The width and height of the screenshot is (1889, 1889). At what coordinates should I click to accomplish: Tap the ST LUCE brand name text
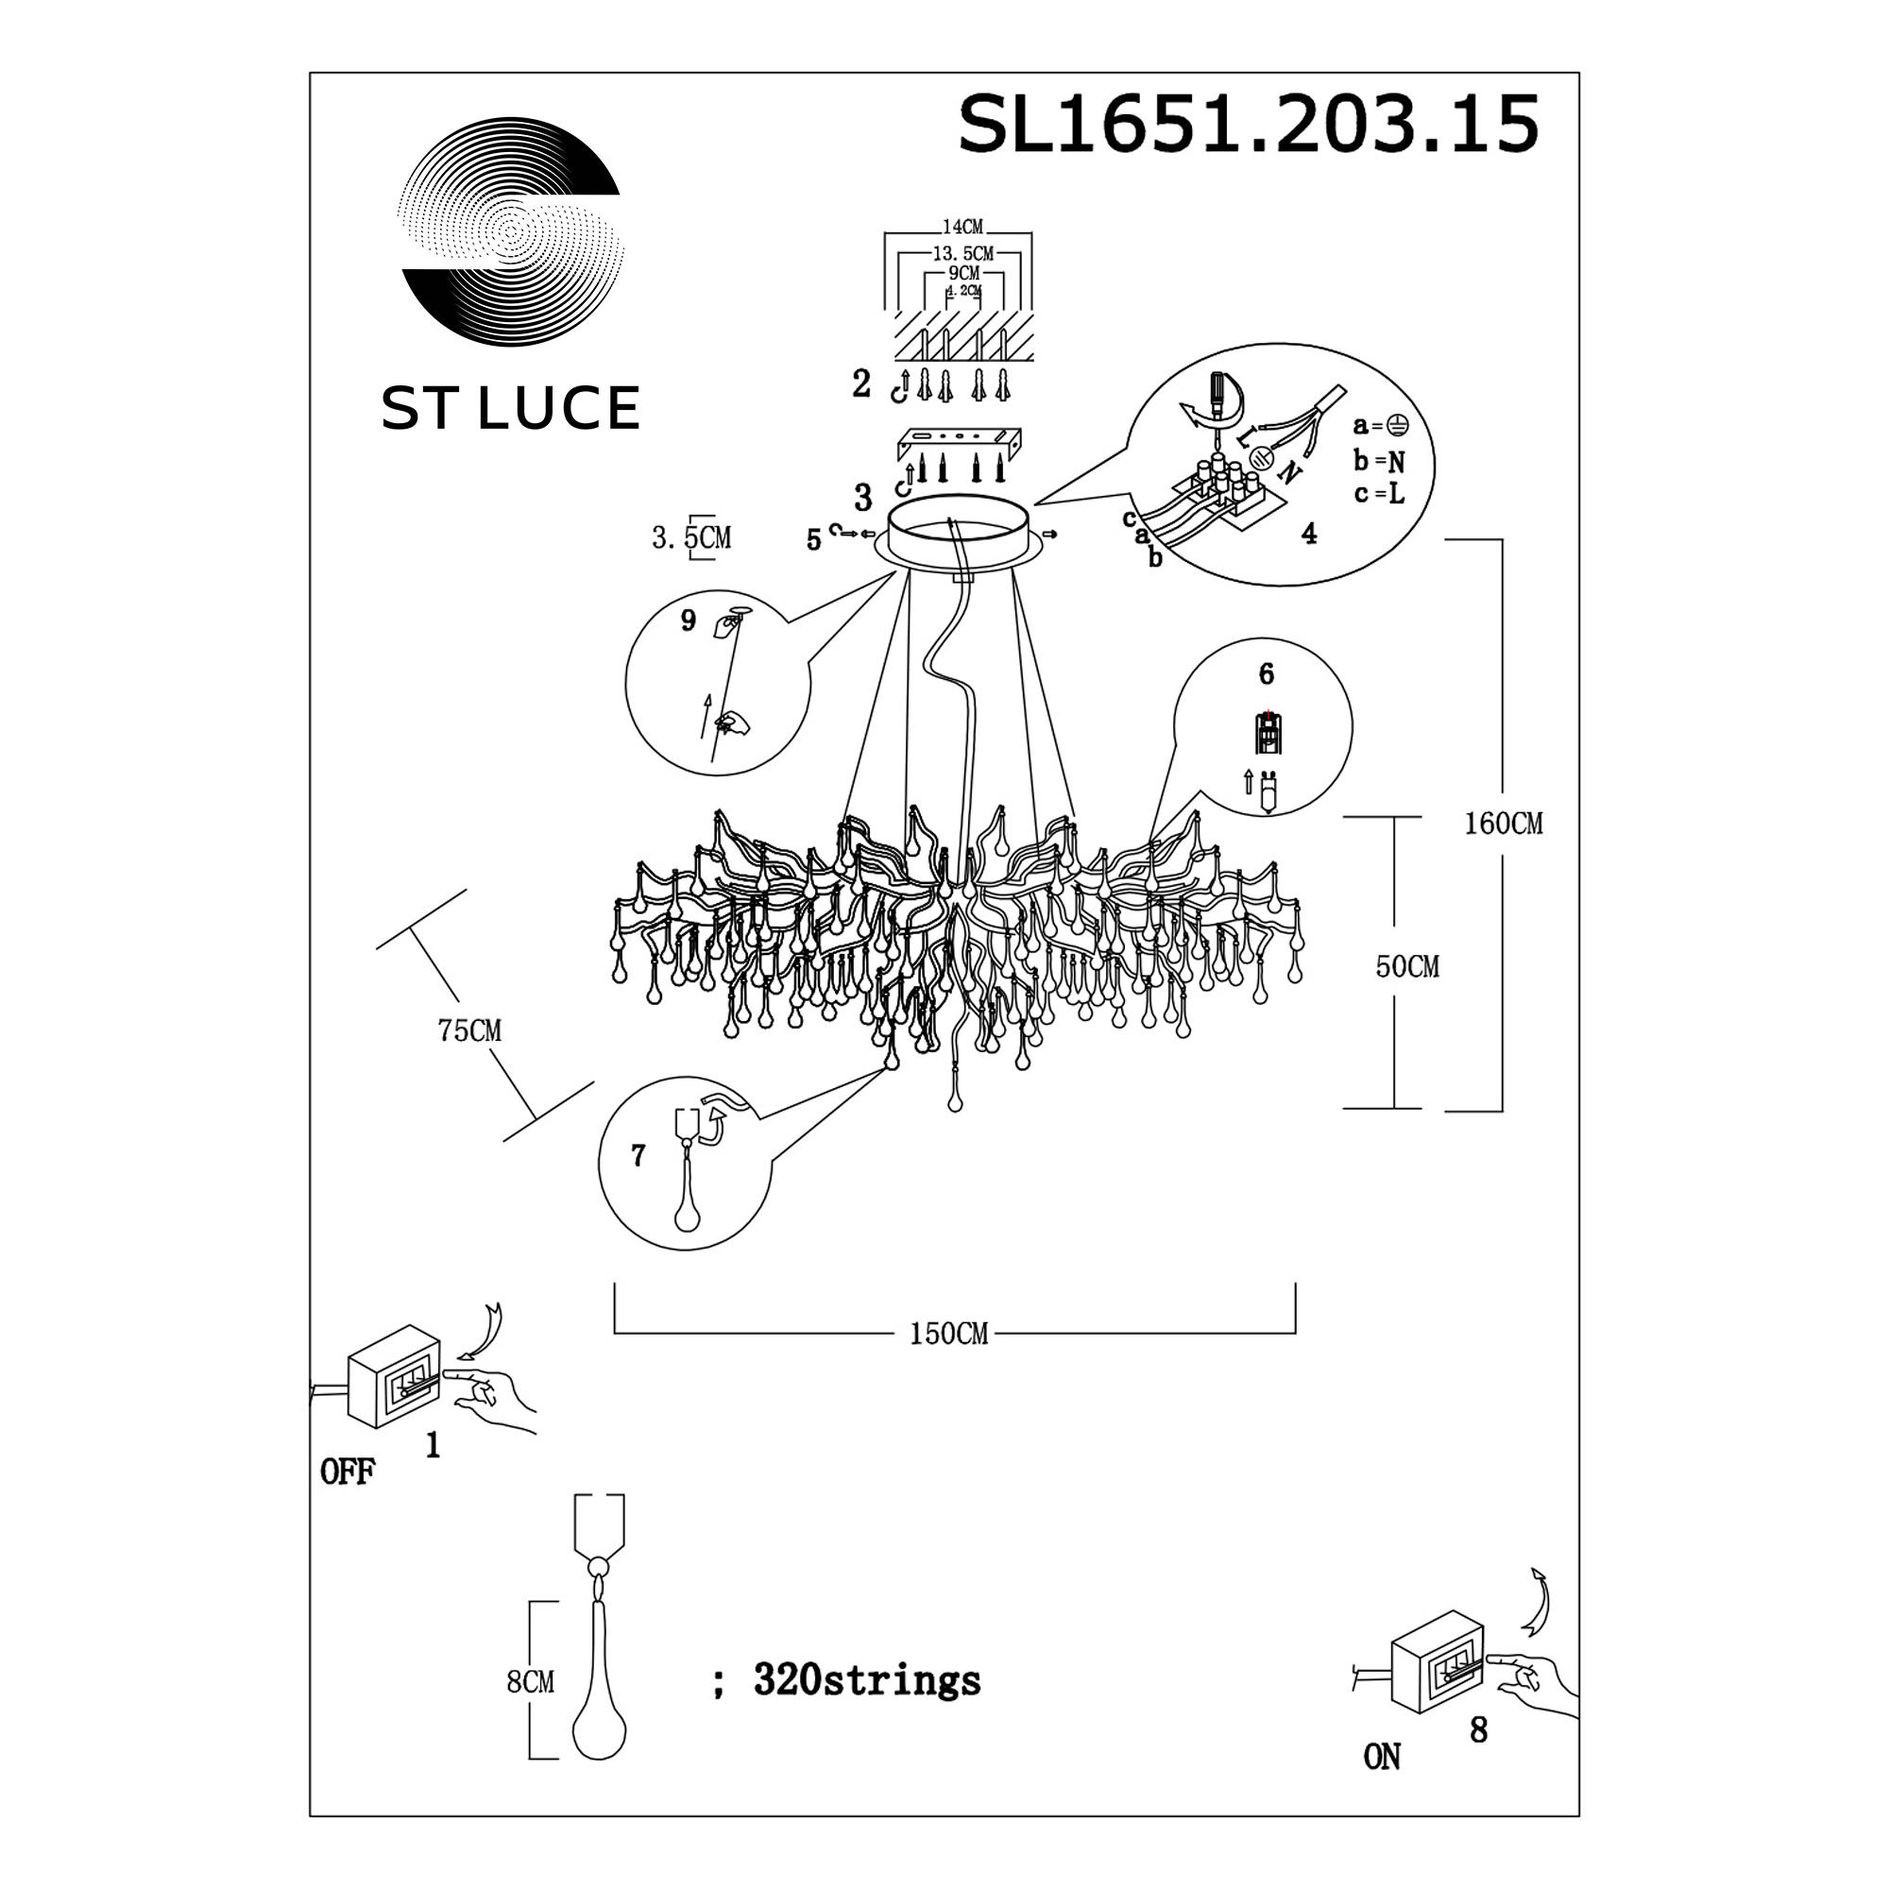pyautogui.click(x=510, y=408)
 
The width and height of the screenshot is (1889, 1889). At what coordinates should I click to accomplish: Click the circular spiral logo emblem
pyautogui.click(x=510, y=231)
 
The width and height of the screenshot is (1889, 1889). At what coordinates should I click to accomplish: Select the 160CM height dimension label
pyautogui.click(x=1503, y=824)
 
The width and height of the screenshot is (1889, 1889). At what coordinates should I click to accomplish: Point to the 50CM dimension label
pyautogui.click(x=1407, y=966)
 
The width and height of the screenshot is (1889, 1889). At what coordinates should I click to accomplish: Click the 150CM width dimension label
pyautogui.click(x=948, y=1334)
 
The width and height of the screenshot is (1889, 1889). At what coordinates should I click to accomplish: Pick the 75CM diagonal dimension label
pyautogui.click(x=469, y=1030)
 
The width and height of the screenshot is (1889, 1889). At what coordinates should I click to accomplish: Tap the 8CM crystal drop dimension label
pyautogui.click(x=531, y=1682)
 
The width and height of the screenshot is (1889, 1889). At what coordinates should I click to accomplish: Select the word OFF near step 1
pyautogui.click(x=347, y=1472)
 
